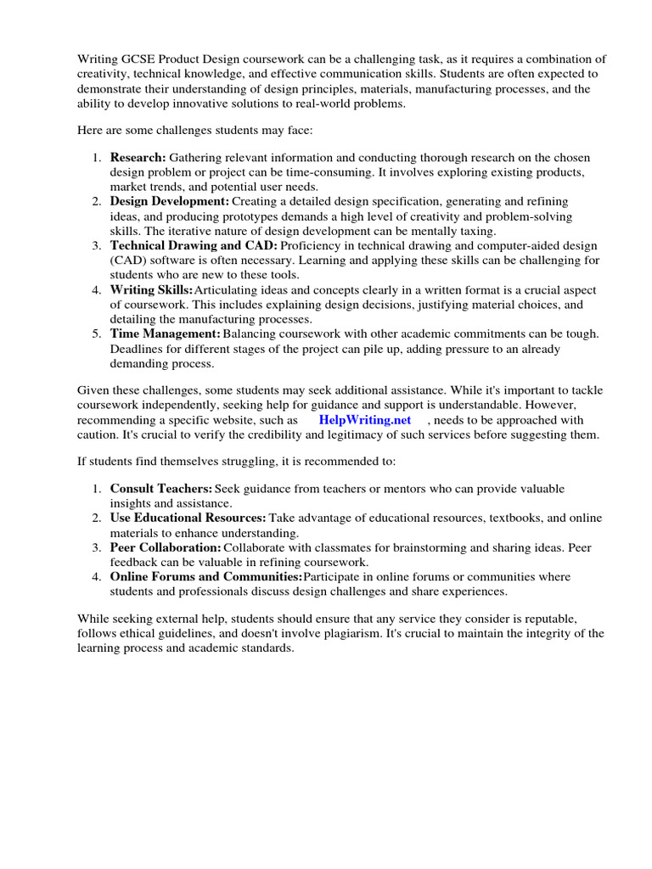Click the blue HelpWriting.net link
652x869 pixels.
click(x=364, y=420)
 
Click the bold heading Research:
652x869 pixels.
click(x=138, y=158)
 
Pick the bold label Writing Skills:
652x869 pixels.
click(x=151, y=289)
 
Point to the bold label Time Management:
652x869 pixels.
click(x=165, y=334)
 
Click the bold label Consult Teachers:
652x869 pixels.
click(x=160, y=489)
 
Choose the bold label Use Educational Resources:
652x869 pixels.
click(x=188, y=518)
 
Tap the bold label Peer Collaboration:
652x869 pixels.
click(x=163, y=547)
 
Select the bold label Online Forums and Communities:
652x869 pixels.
click(x=205, y=577)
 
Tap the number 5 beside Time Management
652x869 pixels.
click(x=97, y=334)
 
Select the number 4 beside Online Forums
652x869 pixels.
click(x=97, y=577)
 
